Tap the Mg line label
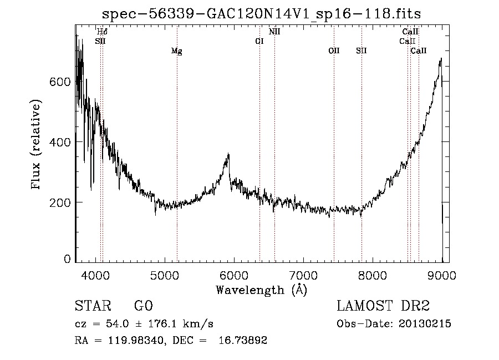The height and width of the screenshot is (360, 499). click(176, 52)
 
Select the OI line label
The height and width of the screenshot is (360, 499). click(259, 41)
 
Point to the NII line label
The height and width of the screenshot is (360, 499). click(274, 32)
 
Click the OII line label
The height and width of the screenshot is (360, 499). click(334, 51)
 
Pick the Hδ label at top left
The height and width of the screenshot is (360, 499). click(102, 32)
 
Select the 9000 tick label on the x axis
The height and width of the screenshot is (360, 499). click(442, 275)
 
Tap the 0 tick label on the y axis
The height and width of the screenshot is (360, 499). click(67, 259)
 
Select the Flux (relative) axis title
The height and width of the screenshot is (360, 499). click(37, 145)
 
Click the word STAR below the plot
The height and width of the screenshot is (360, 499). click(90, 307)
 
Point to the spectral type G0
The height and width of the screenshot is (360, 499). click(142, 307)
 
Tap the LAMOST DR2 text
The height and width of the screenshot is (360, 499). click(383, 306)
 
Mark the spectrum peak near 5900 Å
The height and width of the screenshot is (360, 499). click(228, 155)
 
